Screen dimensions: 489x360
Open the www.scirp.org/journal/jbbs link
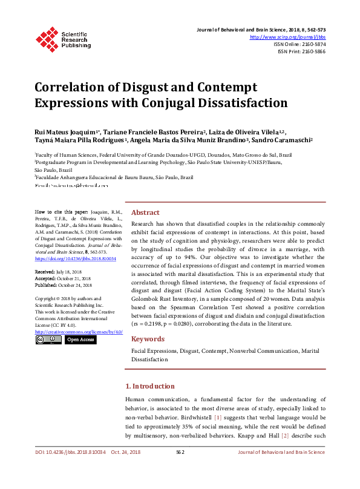[x=288, y=37]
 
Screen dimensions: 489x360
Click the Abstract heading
[x=145, y=213]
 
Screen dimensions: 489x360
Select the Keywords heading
[x=148, y=340]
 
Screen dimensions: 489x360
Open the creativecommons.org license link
[x=79, y=332]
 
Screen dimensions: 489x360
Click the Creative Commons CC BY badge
[x=48, y=340]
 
